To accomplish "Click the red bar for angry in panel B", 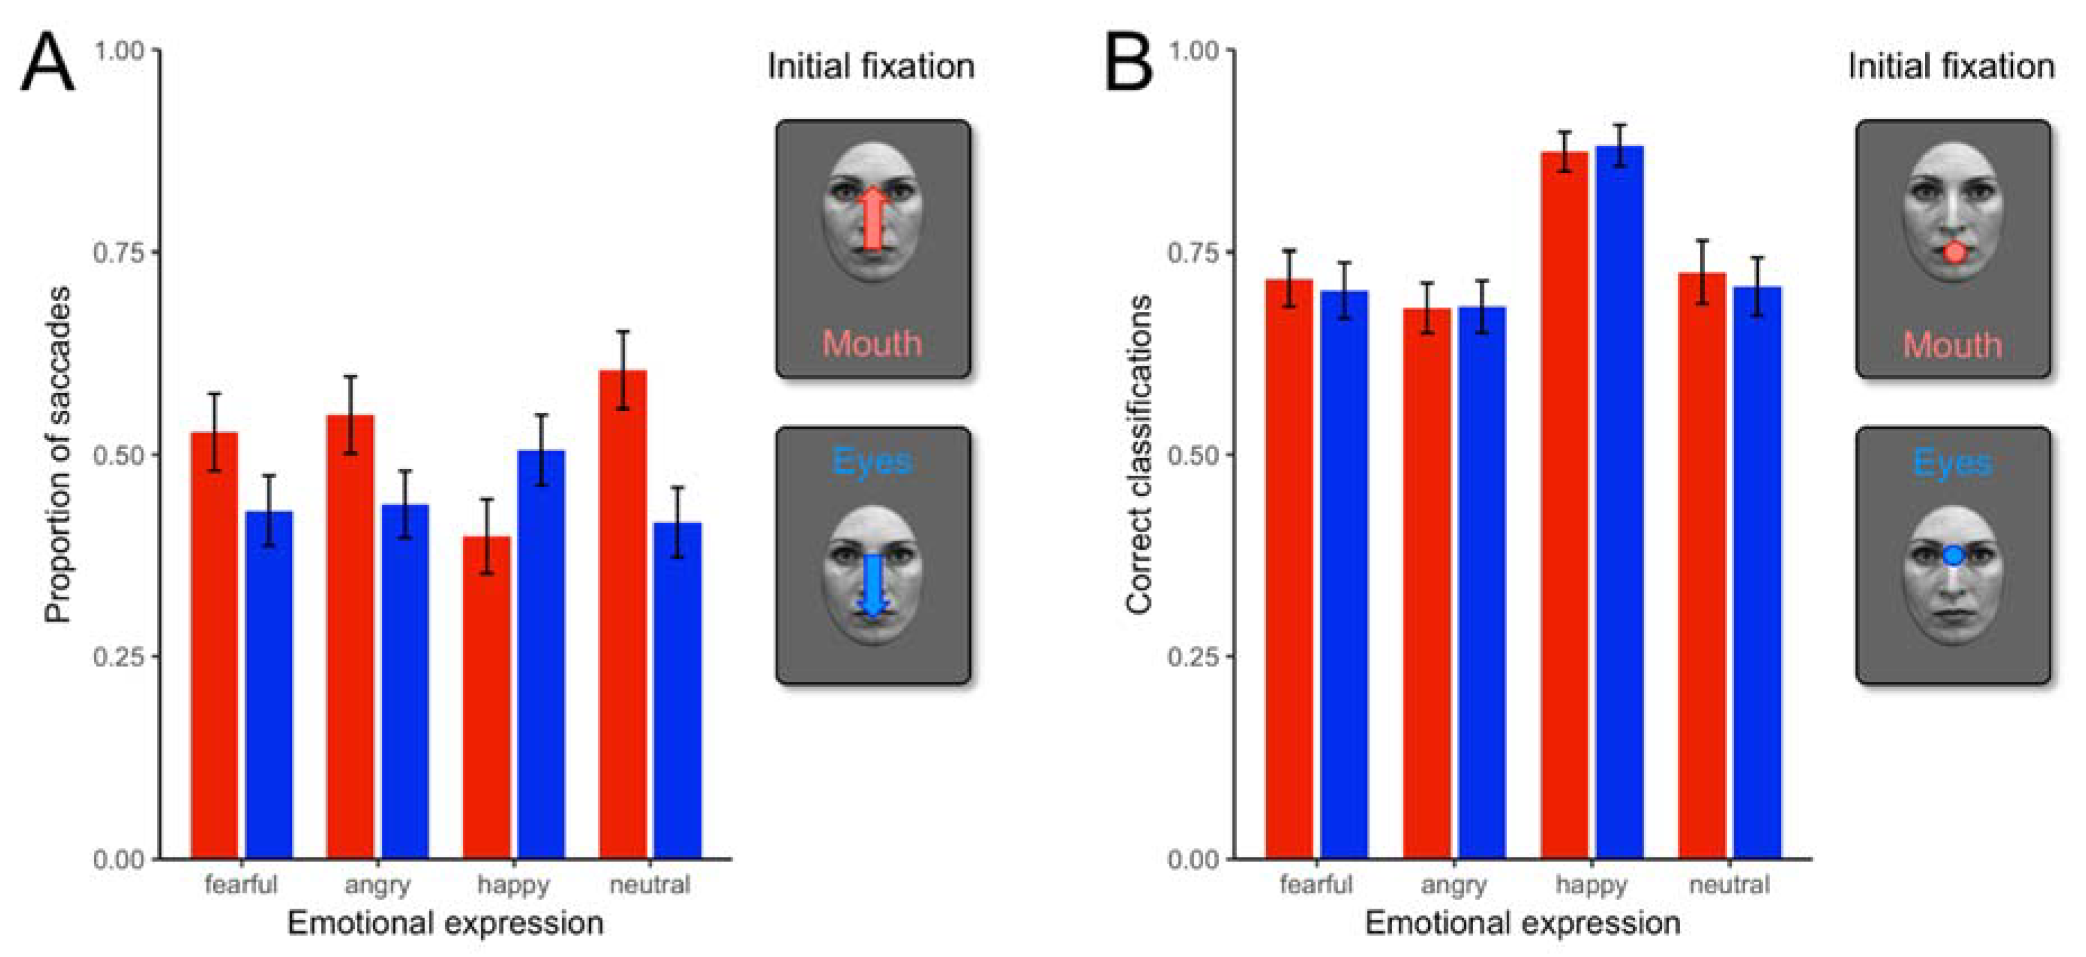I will coord(1426,583).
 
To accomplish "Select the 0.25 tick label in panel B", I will coord(1193,656).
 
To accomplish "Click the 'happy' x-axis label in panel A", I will coord(513,884).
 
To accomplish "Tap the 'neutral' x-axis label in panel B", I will coord(1729,884).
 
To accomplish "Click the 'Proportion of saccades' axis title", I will coord(58,455).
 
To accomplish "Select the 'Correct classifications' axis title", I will coord(1139,455).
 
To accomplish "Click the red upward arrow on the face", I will coord(872,219).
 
